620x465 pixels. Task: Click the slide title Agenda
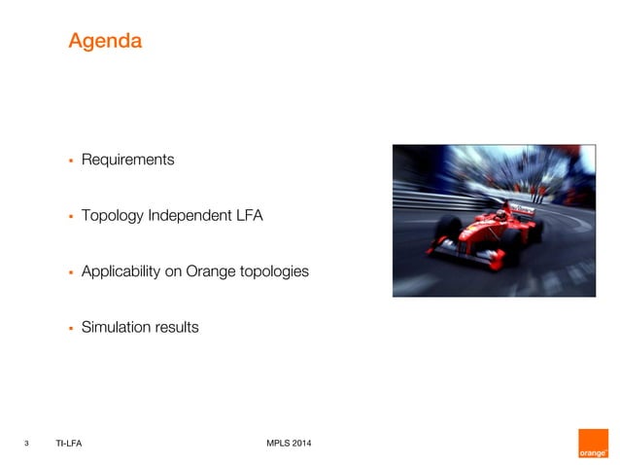[105, 42]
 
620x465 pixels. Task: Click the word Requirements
[127, 160]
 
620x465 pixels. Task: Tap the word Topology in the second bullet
[112, 215]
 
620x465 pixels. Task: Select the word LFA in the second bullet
[247, 215]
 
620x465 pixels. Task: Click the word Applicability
[121, 271]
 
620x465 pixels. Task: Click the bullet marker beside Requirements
[70, 160]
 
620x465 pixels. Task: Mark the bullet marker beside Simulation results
[70, 328]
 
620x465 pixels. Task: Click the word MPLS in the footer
[278, 445]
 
